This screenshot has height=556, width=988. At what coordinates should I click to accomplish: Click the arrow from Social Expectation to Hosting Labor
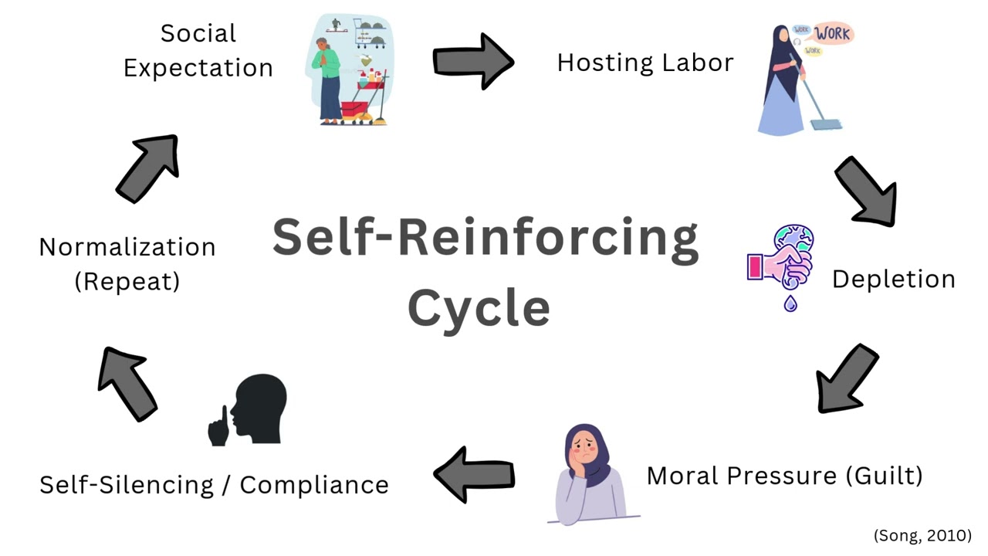(473, 61)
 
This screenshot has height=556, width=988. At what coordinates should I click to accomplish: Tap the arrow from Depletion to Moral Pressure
(846, 379)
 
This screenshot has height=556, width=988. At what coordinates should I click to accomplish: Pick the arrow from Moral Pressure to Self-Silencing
(474, 475)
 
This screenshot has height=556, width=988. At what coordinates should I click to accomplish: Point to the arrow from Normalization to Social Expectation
(148, 168)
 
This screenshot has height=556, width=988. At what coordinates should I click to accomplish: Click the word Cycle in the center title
(479, 308)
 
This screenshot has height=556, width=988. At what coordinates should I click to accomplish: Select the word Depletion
(894, 280)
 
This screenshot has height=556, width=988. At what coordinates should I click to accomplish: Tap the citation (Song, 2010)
(922, 535)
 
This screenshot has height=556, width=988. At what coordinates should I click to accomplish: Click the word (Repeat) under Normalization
(127, 281)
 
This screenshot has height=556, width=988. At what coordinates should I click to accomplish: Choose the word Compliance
(314, 486)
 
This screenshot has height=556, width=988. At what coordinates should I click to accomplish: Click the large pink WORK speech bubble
(833, 33)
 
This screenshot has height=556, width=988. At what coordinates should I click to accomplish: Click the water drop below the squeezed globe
(790, 303)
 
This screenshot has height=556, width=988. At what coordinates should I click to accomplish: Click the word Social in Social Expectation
(198, 33)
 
